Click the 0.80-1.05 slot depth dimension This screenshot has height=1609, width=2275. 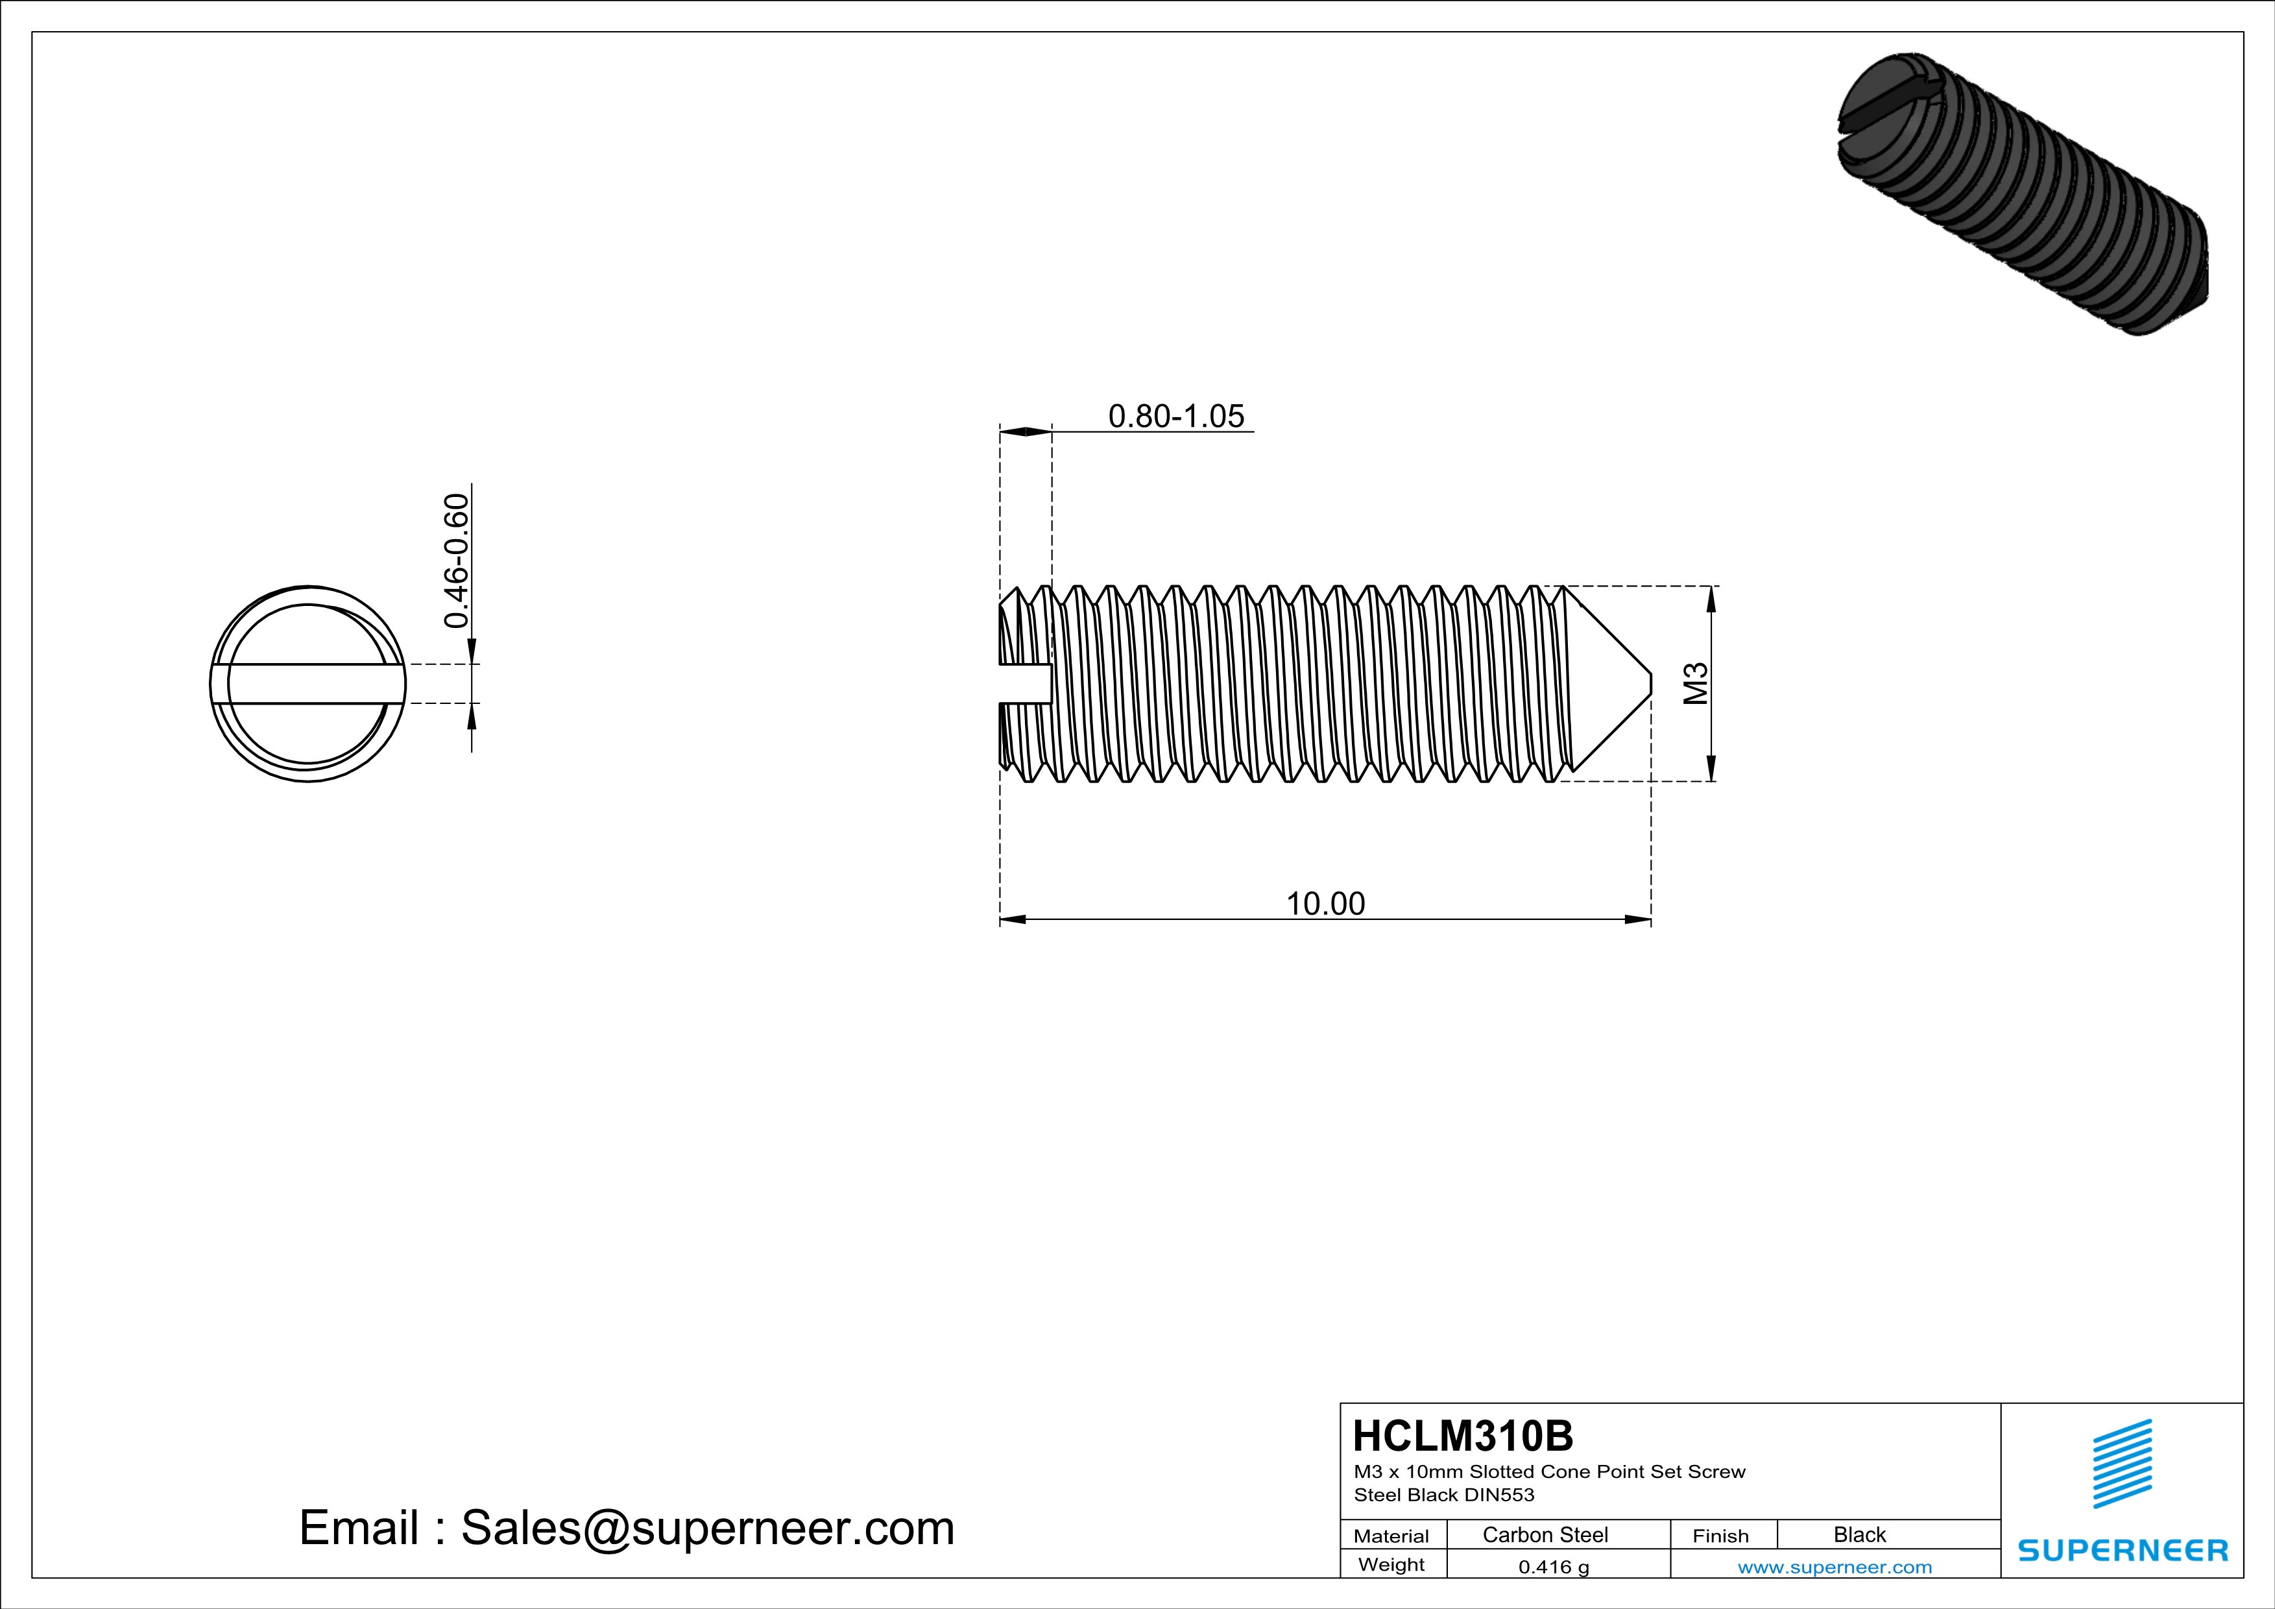(1175, 416)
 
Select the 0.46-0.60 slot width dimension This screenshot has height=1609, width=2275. (456, 561)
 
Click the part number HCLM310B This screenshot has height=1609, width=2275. (1462, 1436)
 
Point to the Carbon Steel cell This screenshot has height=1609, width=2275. (1545, 1534)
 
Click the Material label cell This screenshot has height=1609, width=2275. (1391, 1536)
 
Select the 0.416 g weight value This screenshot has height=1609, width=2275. (1552, 1566)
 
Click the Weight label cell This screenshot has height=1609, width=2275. (1391, 1564)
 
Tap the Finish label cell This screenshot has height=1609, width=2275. (1720, 1536)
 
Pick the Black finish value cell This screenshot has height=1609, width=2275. (1859, 1534)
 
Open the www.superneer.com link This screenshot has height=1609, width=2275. (1834, 1566)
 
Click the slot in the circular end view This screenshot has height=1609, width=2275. (308, 684)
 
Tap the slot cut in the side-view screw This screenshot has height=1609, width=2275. (1024, 684)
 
